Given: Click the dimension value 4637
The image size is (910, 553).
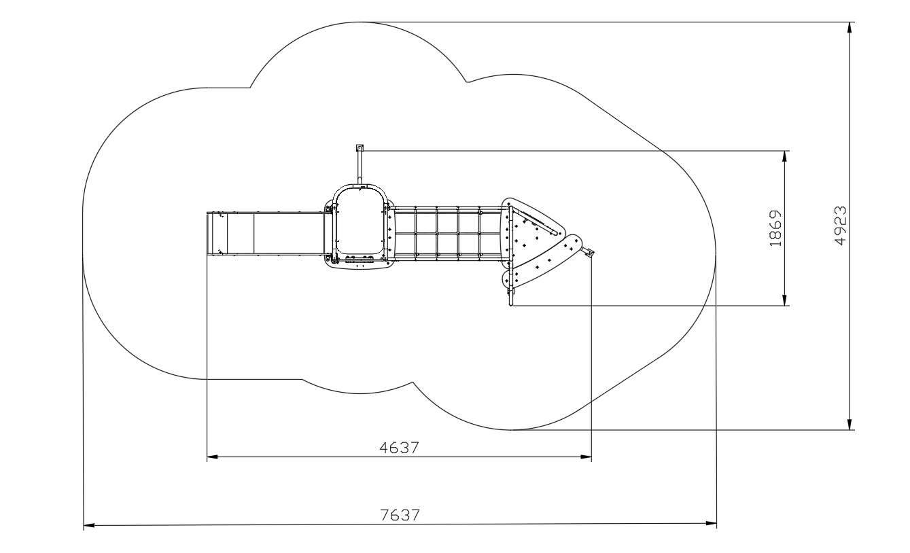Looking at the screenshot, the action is coord(399,448).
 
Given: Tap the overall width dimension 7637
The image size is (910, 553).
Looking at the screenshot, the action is coord(400,515).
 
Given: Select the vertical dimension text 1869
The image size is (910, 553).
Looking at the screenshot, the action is coord(775,228).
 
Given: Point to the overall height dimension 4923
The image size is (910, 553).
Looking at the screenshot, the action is coord(841,226).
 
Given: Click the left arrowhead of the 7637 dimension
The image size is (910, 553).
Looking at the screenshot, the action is coord(88,525).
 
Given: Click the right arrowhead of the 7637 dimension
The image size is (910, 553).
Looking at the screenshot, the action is coord(712,523).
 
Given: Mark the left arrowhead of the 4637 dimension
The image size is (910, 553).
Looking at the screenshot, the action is coord(213,457).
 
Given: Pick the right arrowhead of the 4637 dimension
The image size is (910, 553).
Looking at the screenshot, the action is coord(586,457).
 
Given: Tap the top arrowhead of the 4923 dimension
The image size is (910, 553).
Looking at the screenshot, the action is coord(850,28).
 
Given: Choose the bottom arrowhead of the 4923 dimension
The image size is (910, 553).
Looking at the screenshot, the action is coord(850,425).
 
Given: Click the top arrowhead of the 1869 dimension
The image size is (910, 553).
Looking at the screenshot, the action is coord(784,156).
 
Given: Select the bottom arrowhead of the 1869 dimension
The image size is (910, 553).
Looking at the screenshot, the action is coord(784,300).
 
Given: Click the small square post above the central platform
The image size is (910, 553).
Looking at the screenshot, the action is coord(360,148).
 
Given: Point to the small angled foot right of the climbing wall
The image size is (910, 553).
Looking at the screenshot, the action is coord(588,252).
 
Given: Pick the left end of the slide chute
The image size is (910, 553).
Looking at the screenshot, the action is coord(207,234).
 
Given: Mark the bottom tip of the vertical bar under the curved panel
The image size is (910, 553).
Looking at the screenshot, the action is coord(511,305).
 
